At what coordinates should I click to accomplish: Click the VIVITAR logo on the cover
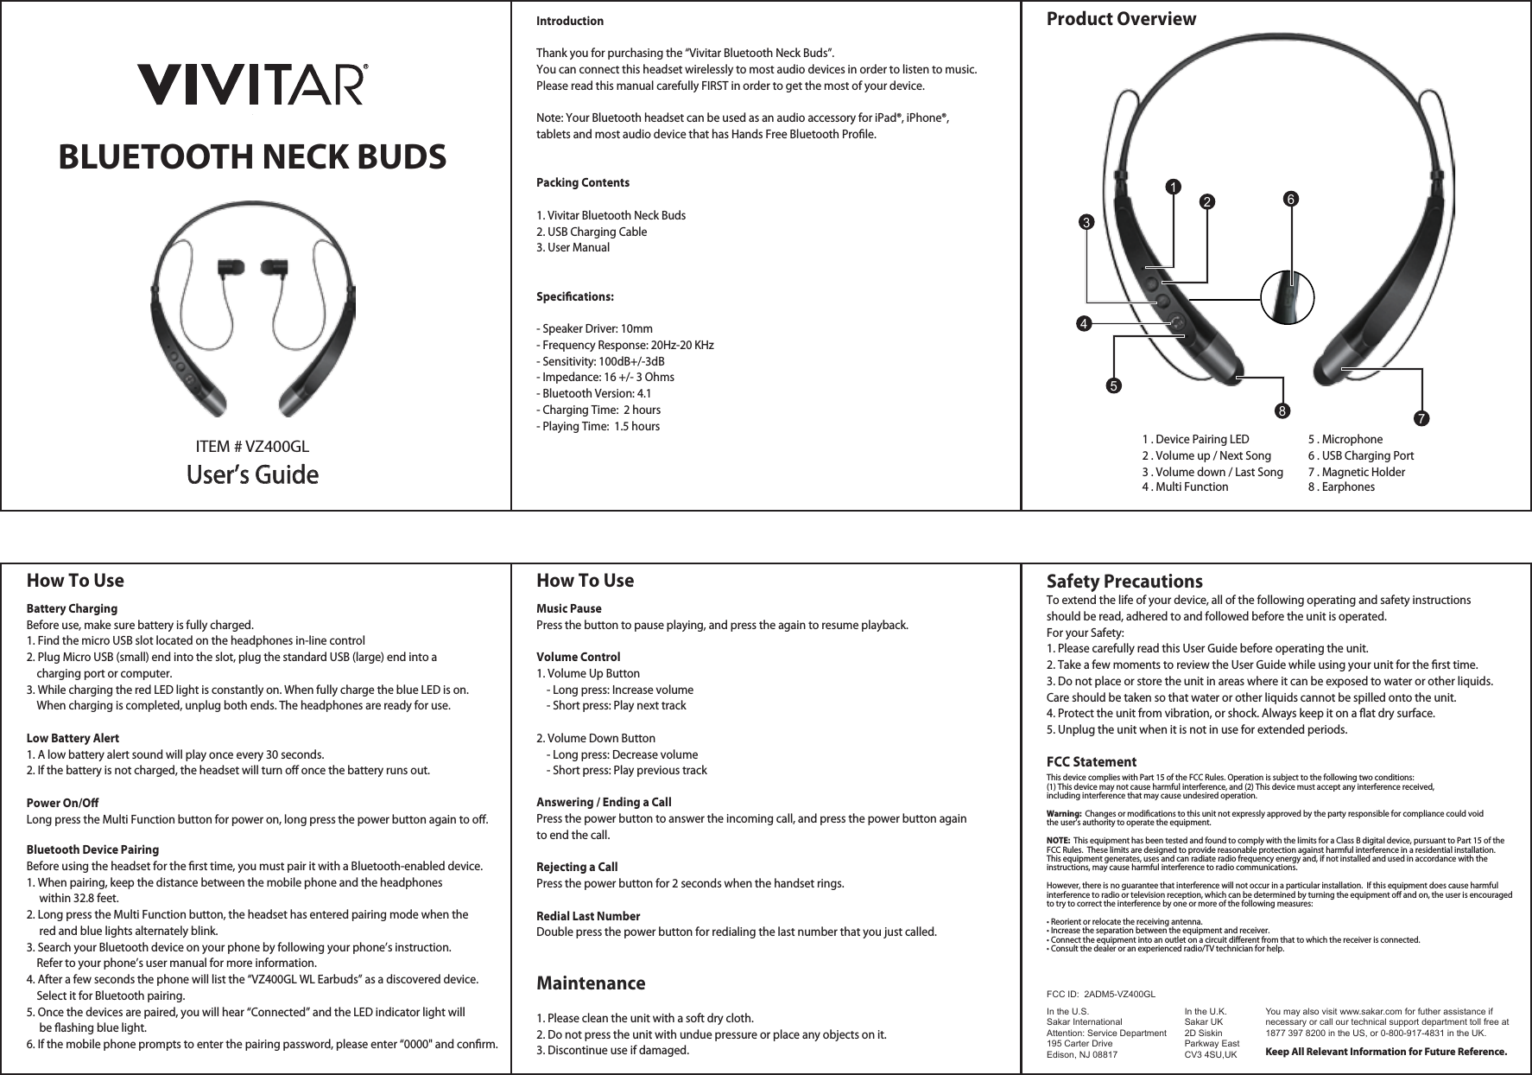(x=252, y=84)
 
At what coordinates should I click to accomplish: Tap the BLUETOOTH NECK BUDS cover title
(x=252, y=157)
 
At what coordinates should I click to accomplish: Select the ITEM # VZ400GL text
(x=252, y=447)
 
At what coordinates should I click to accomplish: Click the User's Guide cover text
(x=252, y=475)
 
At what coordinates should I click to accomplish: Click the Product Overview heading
(x=1121, y=19)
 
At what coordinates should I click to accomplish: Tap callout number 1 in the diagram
(x=1172, y=187)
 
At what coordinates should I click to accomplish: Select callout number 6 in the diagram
(x=1291, y=199)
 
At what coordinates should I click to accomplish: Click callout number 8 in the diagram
(x=1284, y=407)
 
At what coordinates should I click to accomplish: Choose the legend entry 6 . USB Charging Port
(x=1360, y=455)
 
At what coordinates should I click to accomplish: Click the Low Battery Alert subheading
(x=73, y=738)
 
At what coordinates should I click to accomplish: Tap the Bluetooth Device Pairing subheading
(x=93, y=849)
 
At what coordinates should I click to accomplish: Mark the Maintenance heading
(x=591, y=983)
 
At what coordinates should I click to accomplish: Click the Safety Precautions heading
(x=1124, y=582)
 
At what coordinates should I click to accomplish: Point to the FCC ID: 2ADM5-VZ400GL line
(x=1100, y=996)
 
